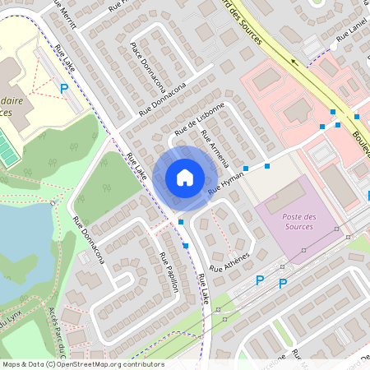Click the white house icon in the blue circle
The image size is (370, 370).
pyautogui.click(x=184, y=177)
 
